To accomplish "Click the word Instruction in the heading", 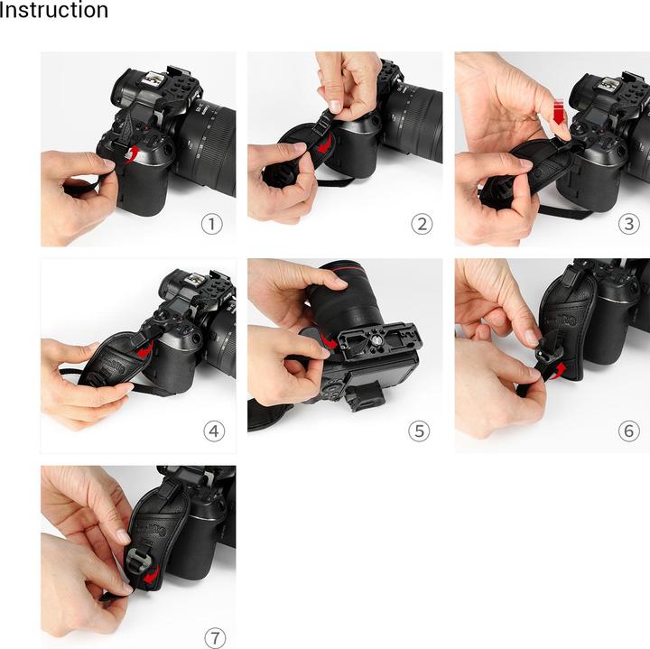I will click(x=54, y=11).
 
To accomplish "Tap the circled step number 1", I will click(x=211, y=224).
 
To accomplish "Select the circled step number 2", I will click(x=419, y=224).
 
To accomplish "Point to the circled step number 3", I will click(x=628, y=224).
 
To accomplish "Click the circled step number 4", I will click(x=214, y=431).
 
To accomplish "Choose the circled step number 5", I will click(x=419, y=431).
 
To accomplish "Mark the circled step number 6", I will click(x=628, y=431).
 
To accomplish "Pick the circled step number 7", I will click(x=214, y=637).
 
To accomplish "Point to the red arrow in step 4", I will click(x=144, y=348).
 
